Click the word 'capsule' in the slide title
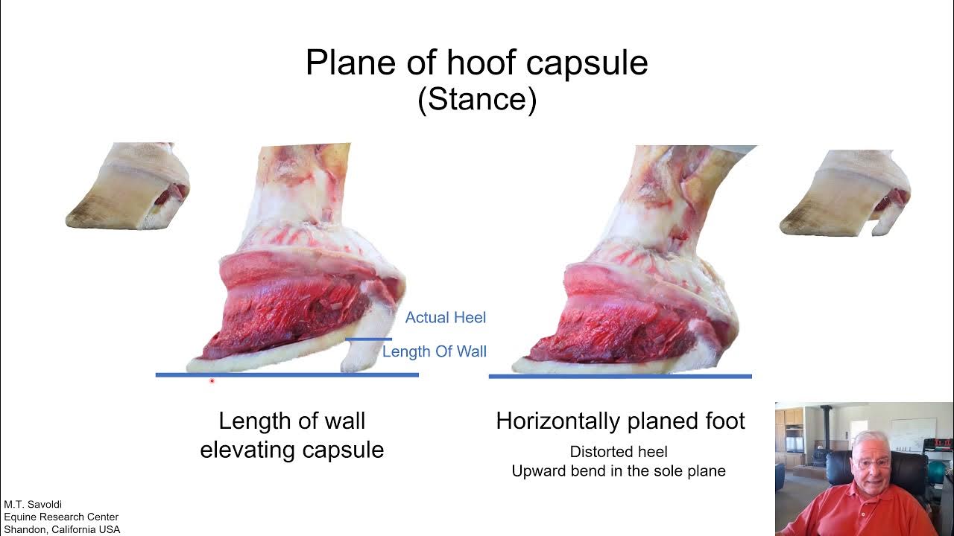click(587, 63)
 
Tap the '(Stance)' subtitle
click(477, 99)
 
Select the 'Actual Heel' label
click(445, 318)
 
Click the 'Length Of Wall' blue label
click(434, 351)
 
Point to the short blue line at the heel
click(368, 339)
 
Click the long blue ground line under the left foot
click(287, 375)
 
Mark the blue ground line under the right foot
click(619, 377)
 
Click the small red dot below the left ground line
click(212, 381)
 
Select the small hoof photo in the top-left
click(127, 186)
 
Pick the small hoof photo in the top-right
click(845, 193)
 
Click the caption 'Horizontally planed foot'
click(620, 421)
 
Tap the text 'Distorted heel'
click(619, 452)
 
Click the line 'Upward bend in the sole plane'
click(619, 471)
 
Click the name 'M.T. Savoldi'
click(33, 505)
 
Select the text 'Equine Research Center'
click(61, 517)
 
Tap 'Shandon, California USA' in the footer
click(62, 529)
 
